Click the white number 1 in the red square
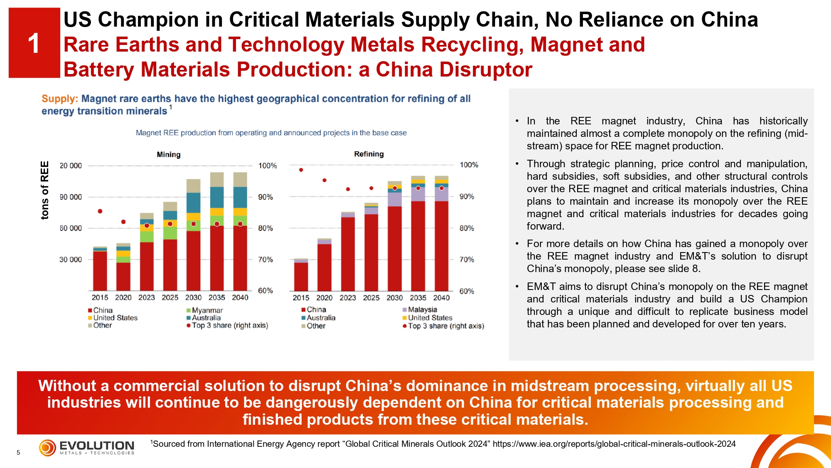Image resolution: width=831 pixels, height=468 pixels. [34, 44]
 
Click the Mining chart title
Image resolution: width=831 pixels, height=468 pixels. [168, 154]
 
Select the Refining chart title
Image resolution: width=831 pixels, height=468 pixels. [369, 154]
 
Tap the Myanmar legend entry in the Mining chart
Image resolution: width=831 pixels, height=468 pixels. [207, 310]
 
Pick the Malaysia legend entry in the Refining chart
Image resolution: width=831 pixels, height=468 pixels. [422, 310]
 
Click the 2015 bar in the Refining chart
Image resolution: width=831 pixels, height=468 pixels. [301, 275]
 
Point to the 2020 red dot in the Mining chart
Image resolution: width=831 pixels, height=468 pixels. [123, 222]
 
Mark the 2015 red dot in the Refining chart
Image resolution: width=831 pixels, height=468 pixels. [301, 170]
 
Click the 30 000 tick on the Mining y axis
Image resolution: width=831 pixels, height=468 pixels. [71, 260]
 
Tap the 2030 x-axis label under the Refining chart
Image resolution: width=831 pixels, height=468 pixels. [394, 298]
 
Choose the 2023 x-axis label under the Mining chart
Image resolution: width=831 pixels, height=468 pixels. [146, 297]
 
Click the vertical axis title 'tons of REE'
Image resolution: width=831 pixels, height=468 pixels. [45, 190]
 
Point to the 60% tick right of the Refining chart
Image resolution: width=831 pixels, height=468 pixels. [467, 291]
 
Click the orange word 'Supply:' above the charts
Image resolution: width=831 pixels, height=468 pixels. [59, 99]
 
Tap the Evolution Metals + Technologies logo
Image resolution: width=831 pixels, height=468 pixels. [87, 448]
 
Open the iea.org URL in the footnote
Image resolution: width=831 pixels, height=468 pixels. [614, 444]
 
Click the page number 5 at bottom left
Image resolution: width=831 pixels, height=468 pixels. [18, 453]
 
